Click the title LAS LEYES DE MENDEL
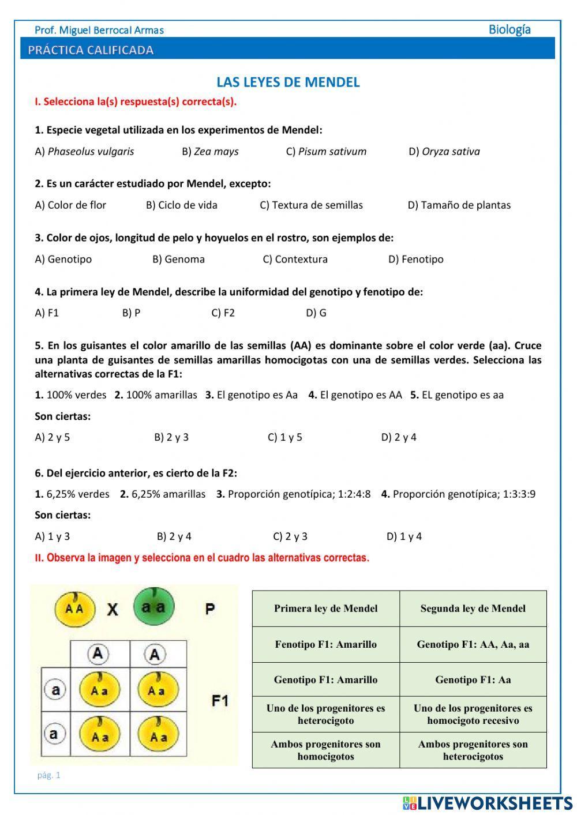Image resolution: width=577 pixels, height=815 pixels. pos(288,82)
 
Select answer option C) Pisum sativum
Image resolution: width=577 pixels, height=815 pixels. pos(326,152)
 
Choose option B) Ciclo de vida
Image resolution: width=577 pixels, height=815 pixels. pos(181,205)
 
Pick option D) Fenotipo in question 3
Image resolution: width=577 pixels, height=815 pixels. pos(415,260)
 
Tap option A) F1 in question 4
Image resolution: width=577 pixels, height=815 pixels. pos(47,313)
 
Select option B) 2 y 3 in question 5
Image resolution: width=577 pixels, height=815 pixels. pos(171,437)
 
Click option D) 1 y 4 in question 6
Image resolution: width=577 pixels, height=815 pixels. pos(404,536)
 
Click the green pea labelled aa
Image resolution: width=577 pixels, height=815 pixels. pos(153,607)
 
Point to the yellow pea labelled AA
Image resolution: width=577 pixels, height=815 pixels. pos(74,609)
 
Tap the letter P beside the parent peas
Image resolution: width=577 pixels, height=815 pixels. pos(210,609)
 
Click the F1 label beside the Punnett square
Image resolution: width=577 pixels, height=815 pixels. pos(220,701)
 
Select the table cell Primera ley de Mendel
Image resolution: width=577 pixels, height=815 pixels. pos(325,609)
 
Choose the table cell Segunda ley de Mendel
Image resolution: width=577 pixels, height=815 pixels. pos(473,609)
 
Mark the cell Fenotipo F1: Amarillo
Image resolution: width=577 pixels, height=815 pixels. pos(325,644)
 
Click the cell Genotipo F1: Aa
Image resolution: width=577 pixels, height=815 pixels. pos(473,679)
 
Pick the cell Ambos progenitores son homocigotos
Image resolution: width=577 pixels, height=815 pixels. pos(325,750)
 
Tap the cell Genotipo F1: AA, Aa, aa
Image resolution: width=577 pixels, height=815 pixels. pos(473,644)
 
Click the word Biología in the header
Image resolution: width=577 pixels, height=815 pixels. pos(509,29)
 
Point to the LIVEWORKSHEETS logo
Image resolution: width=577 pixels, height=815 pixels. pos(488,803)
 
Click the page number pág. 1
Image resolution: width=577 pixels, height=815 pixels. pos(49,775)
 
